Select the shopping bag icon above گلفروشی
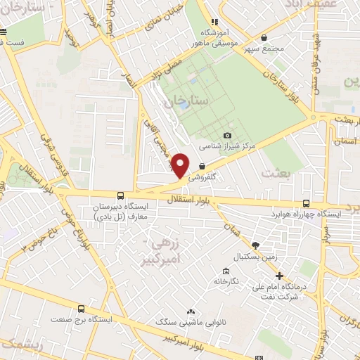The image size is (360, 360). coord(202,166)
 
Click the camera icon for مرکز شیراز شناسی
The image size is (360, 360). coord(226,135)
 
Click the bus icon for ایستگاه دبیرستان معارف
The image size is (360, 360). coord(120,195)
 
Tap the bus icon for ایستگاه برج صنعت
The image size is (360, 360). coord(81,309)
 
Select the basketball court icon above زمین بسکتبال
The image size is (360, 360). coord(255,245)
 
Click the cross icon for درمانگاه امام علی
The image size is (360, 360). coord(279,276)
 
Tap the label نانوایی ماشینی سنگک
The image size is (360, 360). coord(191,322)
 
